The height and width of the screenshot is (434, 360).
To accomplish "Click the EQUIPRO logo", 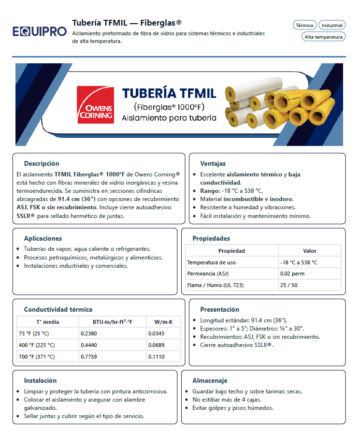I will (40, 32).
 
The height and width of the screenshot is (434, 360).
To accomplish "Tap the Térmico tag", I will (305, 25).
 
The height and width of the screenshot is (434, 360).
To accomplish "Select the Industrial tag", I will (332, 25).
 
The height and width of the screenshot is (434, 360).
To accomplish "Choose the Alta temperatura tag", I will (324, 37).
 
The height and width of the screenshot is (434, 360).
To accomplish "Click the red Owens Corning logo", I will (96, 105).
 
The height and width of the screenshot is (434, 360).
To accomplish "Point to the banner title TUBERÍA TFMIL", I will (169, 93).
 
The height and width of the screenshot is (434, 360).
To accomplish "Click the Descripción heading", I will (42, 164).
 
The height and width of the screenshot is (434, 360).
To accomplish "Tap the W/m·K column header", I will (163, 322).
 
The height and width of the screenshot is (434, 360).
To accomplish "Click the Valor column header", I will (309, 251).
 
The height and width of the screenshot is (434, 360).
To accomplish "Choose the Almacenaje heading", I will (210, 380).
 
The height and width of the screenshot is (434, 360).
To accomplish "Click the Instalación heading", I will (40, 380).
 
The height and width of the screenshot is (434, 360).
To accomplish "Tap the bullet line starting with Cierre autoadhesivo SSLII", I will (236, 345).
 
